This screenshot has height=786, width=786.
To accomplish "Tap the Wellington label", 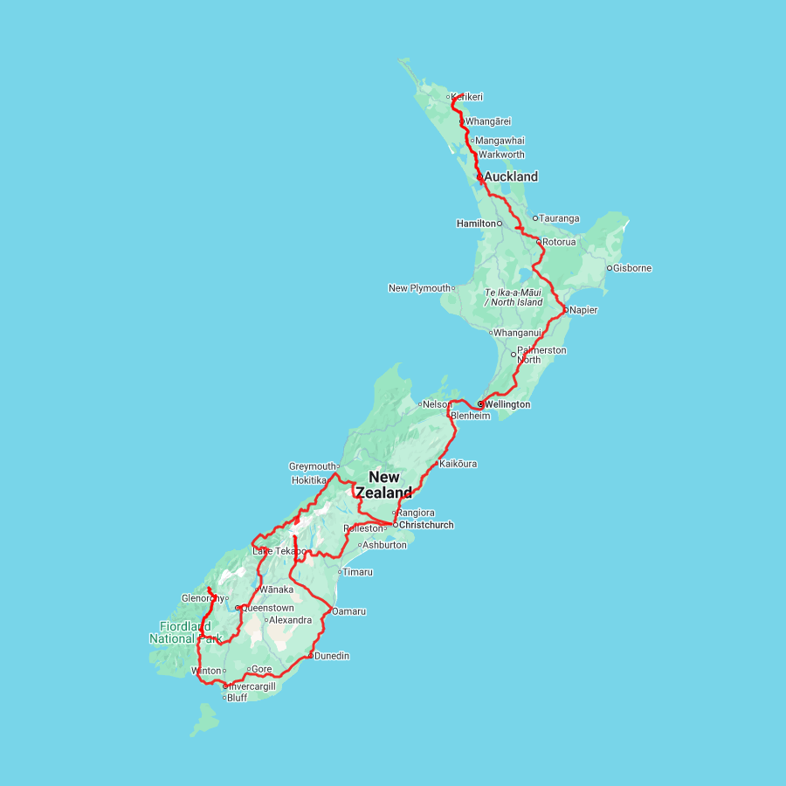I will coord(507,404).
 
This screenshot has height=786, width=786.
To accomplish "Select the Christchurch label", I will coord(425,525).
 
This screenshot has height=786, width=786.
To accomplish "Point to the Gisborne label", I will coord(632,268).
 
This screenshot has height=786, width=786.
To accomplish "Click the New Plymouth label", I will coord(419,288).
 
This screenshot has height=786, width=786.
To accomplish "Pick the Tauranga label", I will coord(559,218).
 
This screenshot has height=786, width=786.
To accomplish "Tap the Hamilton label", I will coord(476,224).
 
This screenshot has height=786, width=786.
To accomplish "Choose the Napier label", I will coord(583,309).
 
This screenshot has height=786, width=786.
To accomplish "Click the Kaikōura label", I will coord(458,464).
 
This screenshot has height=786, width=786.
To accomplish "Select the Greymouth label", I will coord(312,466).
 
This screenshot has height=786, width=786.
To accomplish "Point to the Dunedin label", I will coord(332,656).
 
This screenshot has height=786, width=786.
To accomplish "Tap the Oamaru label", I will coord(348,611).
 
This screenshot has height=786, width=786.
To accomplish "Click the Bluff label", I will coord(237,698).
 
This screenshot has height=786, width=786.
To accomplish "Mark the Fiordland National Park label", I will coord(173,632).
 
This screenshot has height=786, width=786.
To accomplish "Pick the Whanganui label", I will coord(518,333).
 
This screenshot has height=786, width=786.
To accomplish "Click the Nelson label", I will coord(438,404).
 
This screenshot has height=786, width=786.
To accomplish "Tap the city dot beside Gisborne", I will coord(609,268).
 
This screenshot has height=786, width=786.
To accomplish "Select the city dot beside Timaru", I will coord(340,572).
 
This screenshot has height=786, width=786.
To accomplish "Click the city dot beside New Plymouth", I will coord(453,288).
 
